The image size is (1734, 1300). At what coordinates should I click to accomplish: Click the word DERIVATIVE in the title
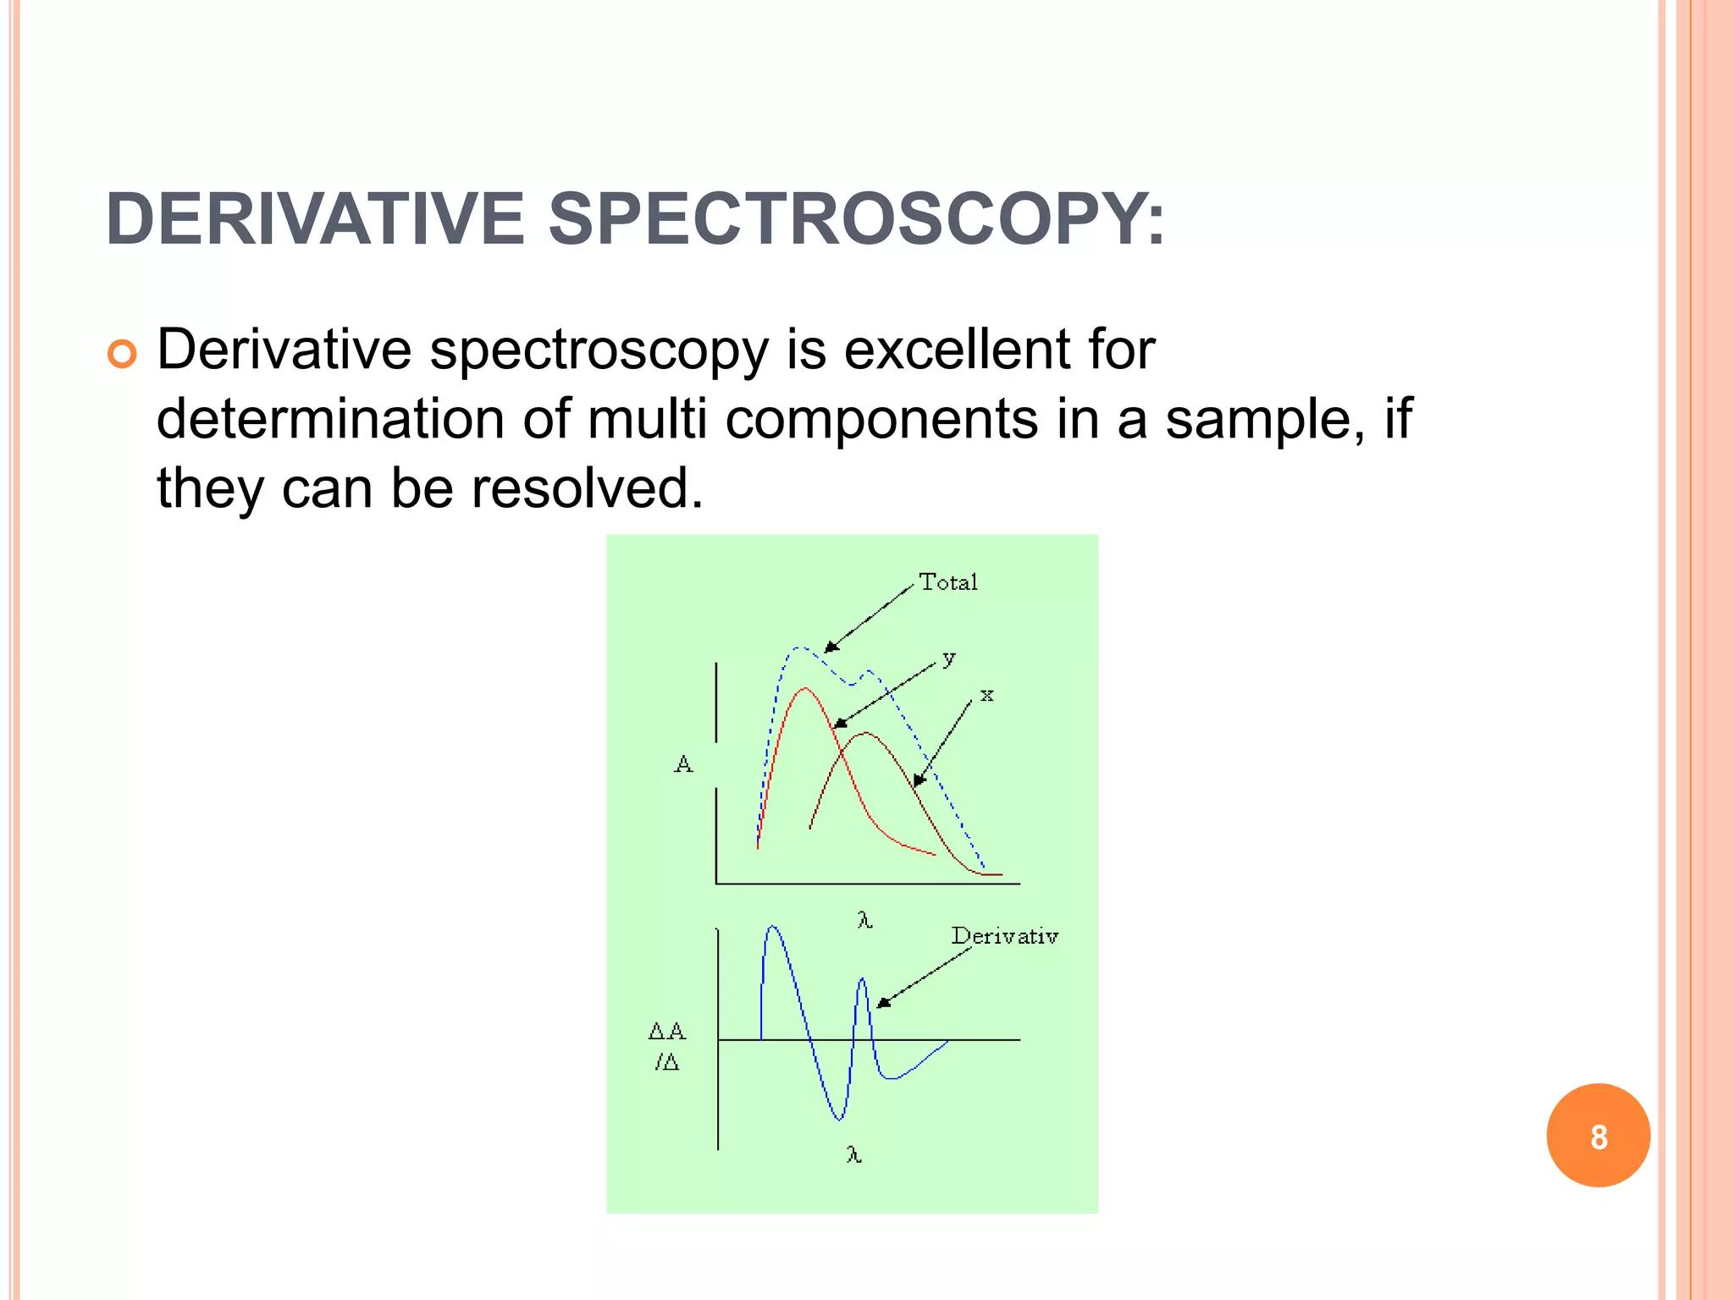coord(315,220)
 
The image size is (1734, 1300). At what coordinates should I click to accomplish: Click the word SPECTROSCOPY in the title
coord(855,220)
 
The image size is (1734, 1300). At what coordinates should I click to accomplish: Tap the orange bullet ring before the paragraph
coord(122,354)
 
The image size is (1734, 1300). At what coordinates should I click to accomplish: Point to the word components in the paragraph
coord(881,420)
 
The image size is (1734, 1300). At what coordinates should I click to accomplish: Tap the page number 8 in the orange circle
coord(1598,1137)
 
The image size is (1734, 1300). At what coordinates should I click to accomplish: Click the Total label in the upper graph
coord(948,582)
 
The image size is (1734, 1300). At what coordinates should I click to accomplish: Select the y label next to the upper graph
coord(949,658)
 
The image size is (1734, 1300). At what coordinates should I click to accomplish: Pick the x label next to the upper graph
coord(986,696)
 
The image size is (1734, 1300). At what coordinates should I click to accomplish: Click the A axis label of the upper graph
coord(683,765)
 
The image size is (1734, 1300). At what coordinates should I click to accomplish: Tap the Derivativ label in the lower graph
coord(1004,936)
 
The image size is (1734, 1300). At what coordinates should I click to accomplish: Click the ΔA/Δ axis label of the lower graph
coord(667,1046)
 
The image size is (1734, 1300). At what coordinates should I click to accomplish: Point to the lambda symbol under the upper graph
coord(864,920)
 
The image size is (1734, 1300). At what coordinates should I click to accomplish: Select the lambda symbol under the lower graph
coord(854,1154)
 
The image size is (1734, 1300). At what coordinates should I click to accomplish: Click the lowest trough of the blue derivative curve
coord(839,1119)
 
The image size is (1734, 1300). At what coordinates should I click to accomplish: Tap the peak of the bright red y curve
coord(804,689)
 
